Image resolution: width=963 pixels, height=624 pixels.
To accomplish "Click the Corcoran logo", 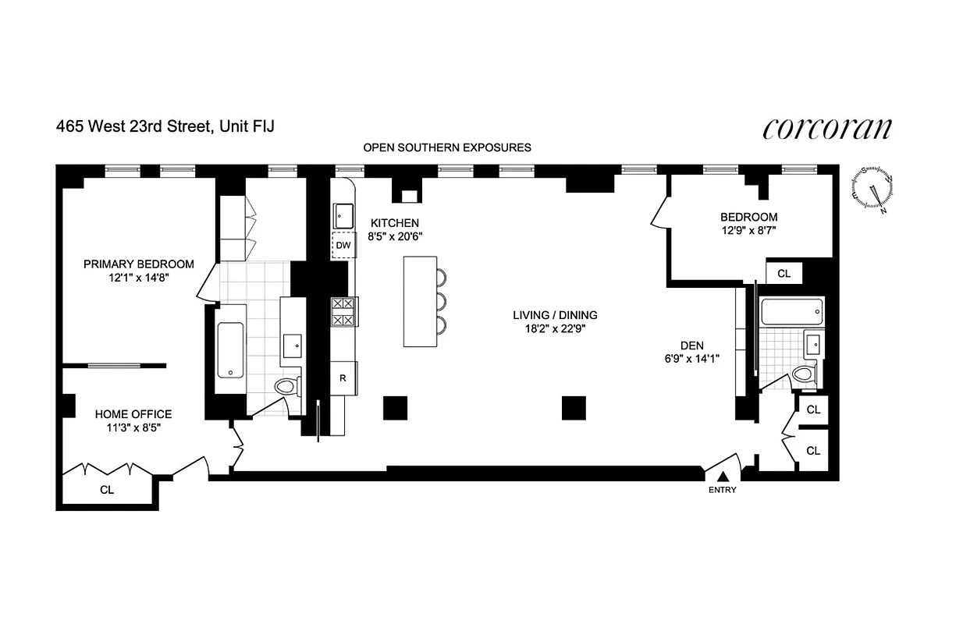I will pos(826,129).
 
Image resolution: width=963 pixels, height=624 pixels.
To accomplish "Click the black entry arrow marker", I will pos(723,476).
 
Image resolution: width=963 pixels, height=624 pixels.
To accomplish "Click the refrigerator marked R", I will pos(343,378).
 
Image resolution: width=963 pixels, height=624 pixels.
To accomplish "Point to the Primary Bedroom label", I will pos(139,264).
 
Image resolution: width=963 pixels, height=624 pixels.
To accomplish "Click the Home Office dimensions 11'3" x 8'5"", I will pos(133,427).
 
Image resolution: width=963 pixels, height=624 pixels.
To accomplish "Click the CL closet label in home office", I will pos(106,490).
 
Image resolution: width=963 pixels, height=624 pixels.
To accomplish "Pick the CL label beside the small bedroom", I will pos(784,274).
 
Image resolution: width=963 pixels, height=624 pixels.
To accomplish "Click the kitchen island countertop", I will pos(420,300).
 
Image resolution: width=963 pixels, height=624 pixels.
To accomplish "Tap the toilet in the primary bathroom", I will pos(286,385).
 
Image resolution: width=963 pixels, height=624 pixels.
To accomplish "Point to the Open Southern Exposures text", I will pos(447,147).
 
